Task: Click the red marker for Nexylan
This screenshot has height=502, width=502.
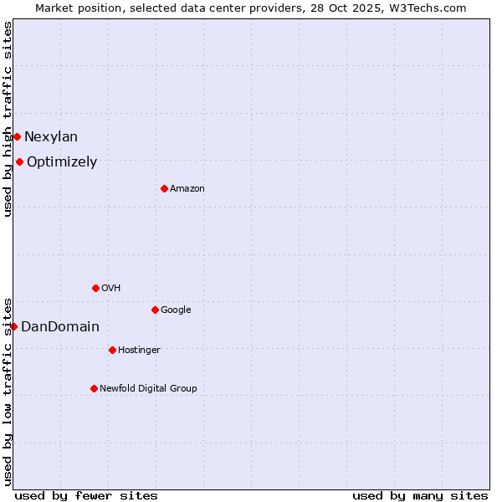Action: coord(17,136)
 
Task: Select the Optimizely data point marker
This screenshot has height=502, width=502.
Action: coord(19,161)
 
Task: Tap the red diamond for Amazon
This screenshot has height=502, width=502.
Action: coord(164,188)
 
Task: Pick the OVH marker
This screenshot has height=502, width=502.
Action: coord(95,288)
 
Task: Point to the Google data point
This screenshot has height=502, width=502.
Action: coord(155,310)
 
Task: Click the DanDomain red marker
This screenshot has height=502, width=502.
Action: coord(13,326)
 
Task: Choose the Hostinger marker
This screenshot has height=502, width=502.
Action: coord(112,350)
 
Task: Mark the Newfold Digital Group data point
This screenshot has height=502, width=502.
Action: coord(94,388)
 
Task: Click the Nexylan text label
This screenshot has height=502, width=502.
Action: coord(51,137)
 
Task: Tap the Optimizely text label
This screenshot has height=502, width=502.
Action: coord(62,162)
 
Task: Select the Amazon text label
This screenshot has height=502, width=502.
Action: coord(187,189)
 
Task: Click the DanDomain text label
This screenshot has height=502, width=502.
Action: coord(60,327)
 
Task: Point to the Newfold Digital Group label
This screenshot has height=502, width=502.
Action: coord(149,388)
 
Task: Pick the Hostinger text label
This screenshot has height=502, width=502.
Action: coord(139,350)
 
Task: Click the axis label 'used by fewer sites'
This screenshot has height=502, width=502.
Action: coord(86,495)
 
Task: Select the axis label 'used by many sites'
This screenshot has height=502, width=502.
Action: coord(420,495)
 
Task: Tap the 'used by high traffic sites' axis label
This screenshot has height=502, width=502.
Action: coord(8,119)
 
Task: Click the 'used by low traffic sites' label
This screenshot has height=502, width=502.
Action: coord(8,391)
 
